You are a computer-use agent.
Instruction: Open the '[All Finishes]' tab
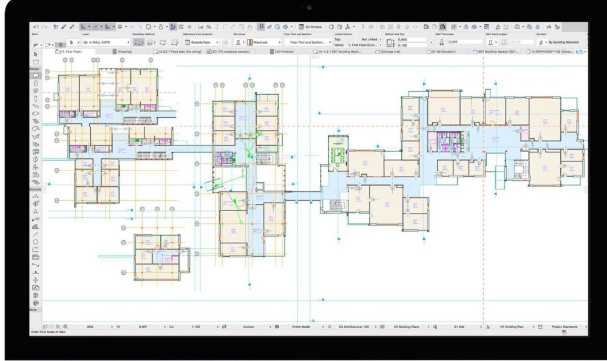click(285, 52)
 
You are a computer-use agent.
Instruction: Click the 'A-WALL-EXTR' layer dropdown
click(107, 42)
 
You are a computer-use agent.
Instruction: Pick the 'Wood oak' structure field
click(262, 42)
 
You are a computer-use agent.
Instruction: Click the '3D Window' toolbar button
click(312, 27)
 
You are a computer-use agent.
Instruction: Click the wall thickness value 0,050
click(453, 42)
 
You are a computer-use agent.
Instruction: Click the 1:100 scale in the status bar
click(196, 326)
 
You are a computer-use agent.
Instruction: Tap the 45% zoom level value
click(90, 326)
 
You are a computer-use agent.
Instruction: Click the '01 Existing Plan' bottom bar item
click(512, 326)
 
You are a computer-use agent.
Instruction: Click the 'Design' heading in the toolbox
click(35, 69)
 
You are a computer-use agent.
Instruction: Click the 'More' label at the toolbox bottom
click(33, 309)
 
